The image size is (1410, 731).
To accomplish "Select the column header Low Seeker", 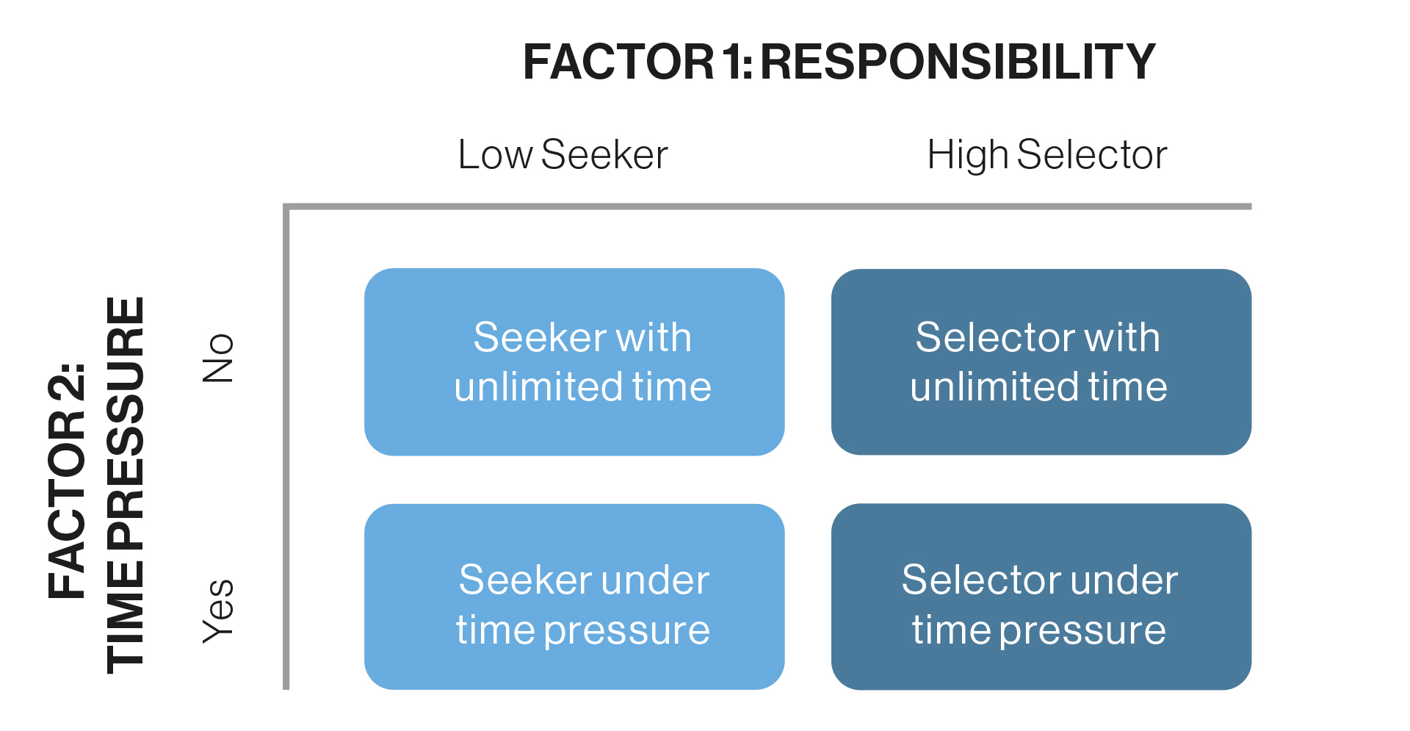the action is point(563,154).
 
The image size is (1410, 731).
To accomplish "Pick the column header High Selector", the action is point(1047,156).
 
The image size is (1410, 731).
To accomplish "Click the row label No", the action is point(218,358).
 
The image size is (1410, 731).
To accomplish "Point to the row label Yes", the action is point(218,611).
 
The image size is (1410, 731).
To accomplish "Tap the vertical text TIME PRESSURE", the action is point(126,485).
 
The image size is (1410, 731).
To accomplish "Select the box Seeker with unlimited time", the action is point(574,361).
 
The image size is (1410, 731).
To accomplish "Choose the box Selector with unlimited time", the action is point(1041,361).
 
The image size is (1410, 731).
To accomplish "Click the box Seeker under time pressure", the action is point(574,597).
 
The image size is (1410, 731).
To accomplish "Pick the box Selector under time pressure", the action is point(1041,597).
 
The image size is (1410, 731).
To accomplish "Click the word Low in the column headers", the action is point(496,154).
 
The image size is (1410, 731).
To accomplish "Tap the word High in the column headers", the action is point(969,156).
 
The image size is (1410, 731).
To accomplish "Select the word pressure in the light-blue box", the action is point(627,632).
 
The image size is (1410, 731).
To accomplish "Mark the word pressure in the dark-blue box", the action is point(1083,632).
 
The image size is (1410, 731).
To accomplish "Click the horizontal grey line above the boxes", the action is point(767,206).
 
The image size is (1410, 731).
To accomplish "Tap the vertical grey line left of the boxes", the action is point(286,447).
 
